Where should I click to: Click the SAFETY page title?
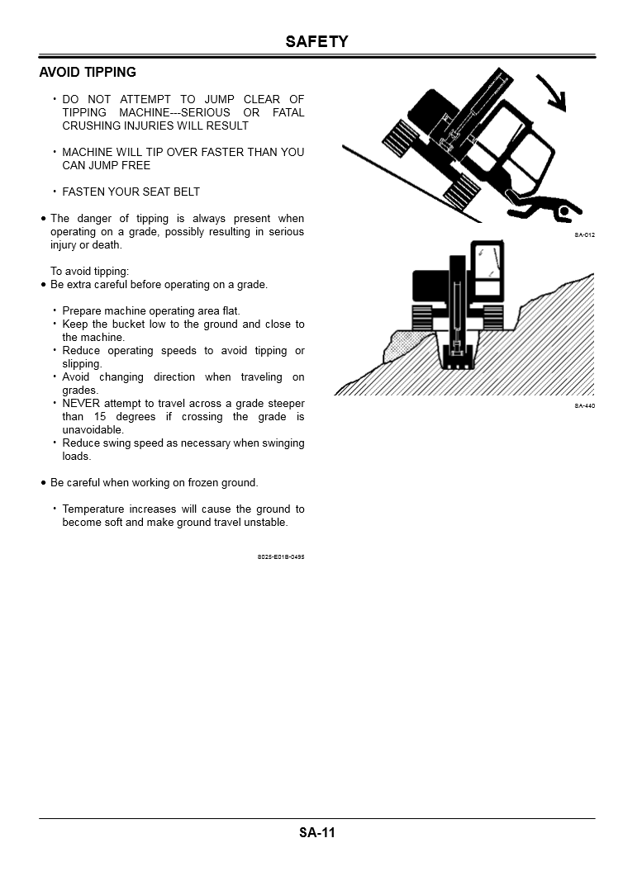316,42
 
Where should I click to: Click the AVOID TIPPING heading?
88,73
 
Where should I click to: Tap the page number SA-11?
317,832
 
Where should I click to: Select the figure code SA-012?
584,235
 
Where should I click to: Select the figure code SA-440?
584,406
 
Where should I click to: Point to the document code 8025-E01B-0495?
281,557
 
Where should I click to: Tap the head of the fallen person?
564,212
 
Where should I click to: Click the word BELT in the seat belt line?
186,192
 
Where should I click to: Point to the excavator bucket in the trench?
457,357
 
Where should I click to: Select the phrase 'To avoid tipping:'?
90,272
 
